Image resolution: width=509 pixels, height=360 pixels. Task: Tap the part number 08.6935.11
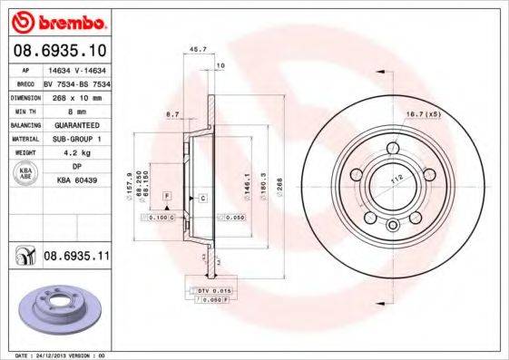[x=76, y=258]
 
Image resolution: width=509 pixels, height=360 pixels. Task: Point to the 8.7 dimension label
[x=172, y=114]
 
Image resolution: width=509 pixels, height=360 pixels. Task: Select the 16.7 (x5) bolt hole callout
[x=423, y=114]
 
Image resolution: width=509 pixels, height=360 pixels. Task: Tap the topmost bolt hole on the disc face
[x=392, y=149]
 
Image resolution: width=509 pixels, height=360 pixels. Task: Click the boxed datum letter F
[x=167, y=197]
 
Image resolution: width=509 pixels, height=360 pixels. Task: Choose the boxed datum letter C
[x=202, y=197]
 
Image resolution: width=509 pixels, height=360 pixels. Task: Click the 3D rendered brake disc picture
[x=56, y=308]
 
